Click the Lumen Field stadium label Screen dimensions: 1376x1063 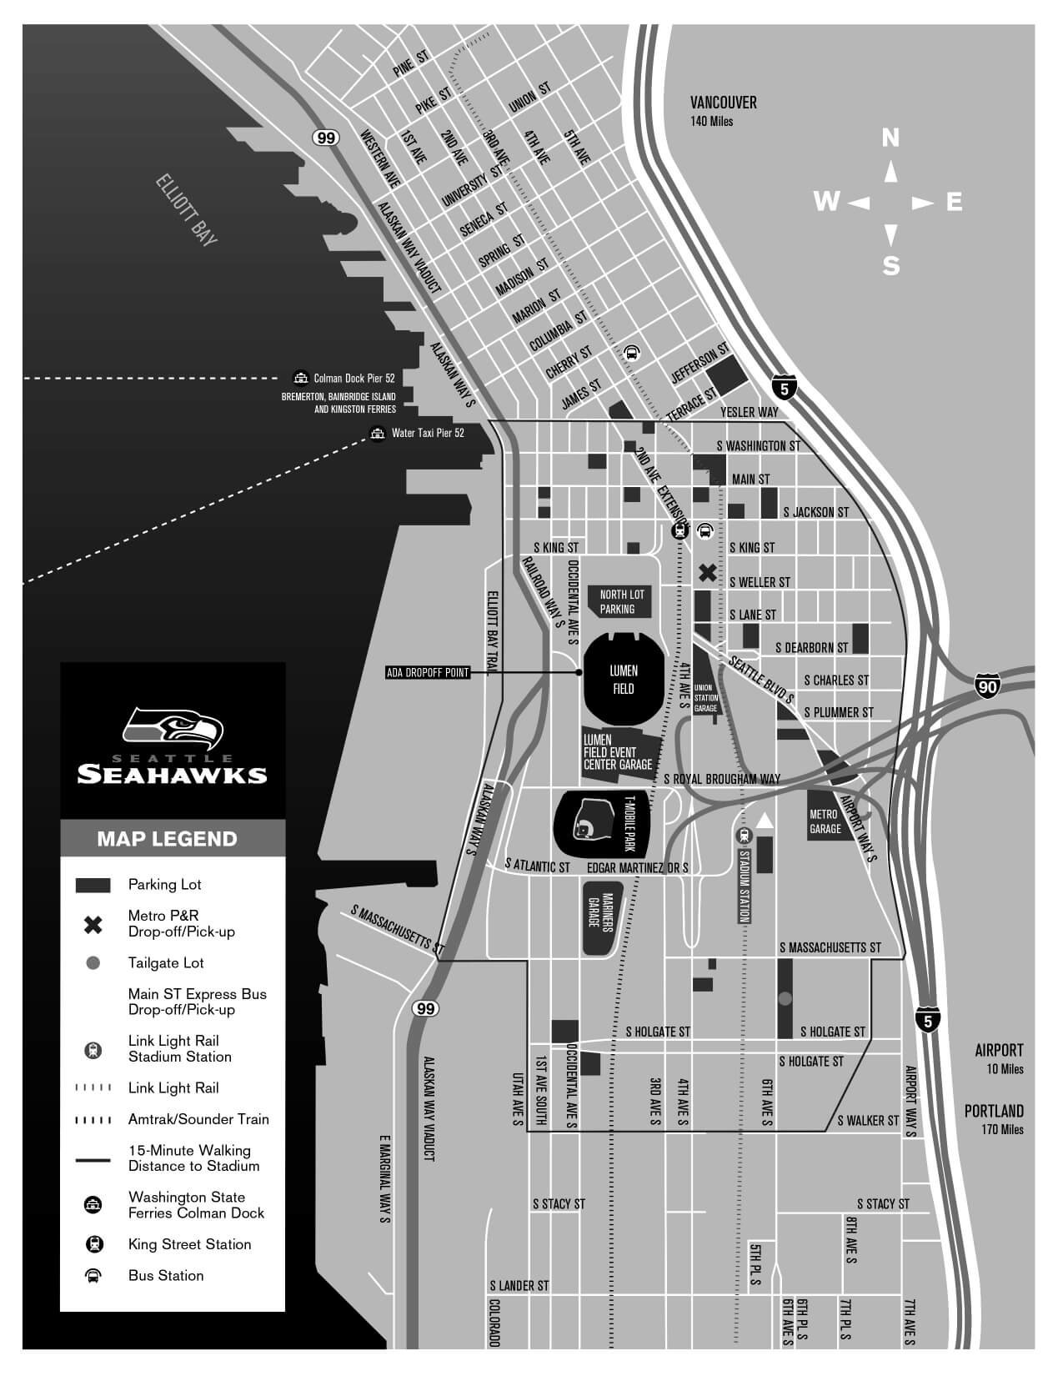623,679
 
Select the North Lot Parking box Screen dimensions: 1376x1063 622,601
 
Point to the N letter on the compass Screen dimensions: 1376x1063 890,138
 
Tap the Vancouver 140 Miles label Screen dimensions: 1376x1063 723,109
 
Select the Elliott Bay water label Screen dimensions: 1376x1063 187,210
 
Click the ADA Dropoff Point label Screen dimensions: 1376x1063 428,672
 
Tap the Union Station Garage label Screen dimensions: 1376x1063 705,691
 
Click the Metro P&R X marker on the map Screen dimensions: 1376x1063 707,572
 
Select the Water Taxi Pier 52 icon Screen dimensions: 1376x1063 378,433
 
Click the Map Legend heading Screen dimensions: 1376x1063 167,838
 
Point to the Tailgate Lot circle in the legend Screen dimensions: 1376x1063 93,962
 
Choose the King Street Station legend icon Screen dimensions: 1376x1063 93,1244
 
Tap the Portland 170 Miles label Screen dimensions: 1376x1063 994,1118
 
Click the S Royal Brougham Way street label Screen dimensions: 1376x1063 722,778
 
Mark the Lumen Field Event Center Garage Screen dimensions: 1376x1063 619,751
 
